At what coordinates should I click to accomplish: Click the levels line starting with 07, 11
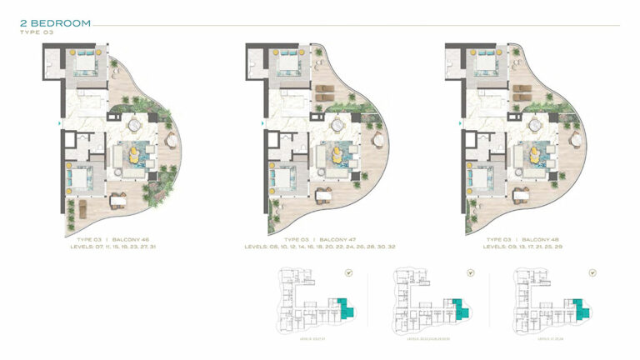(123, 247)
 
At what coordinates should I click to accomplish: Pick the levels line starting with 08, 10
(327, 247)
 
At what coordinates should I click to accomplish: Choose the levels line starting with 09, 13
(530, 247)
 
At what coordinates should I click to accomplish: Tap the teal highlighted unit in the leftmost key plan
(345, 308)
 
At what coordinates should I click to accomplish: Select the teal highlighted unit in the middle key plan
(459, 309)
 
